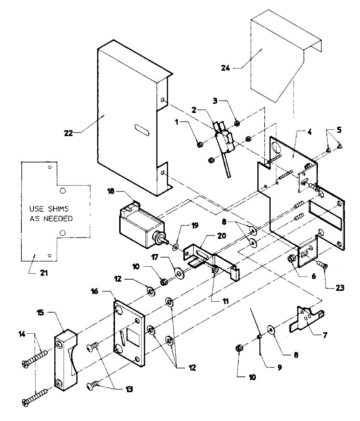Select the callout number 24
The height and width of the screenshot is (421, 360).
click(226, 68)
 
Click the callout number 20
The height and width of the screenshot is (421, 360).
click(222, 236)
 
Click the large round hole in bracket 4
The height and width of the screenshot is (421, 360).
click(276, 148)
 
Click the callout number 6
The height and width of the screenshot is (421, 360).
click(314, 276)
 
